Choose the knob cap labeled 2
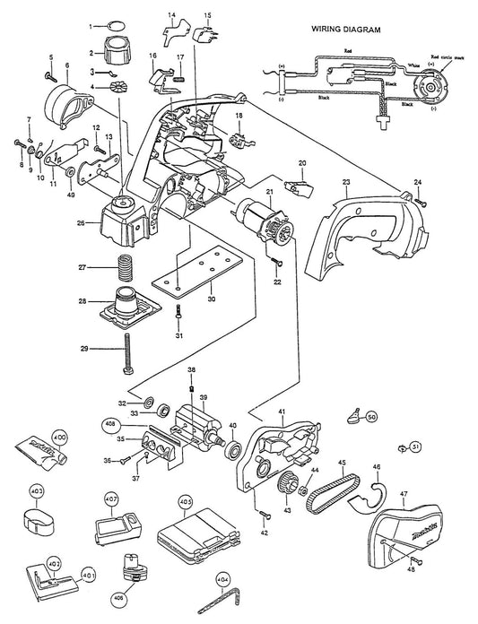pos(116,46)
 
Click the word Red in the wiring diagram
pos(347,52)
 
